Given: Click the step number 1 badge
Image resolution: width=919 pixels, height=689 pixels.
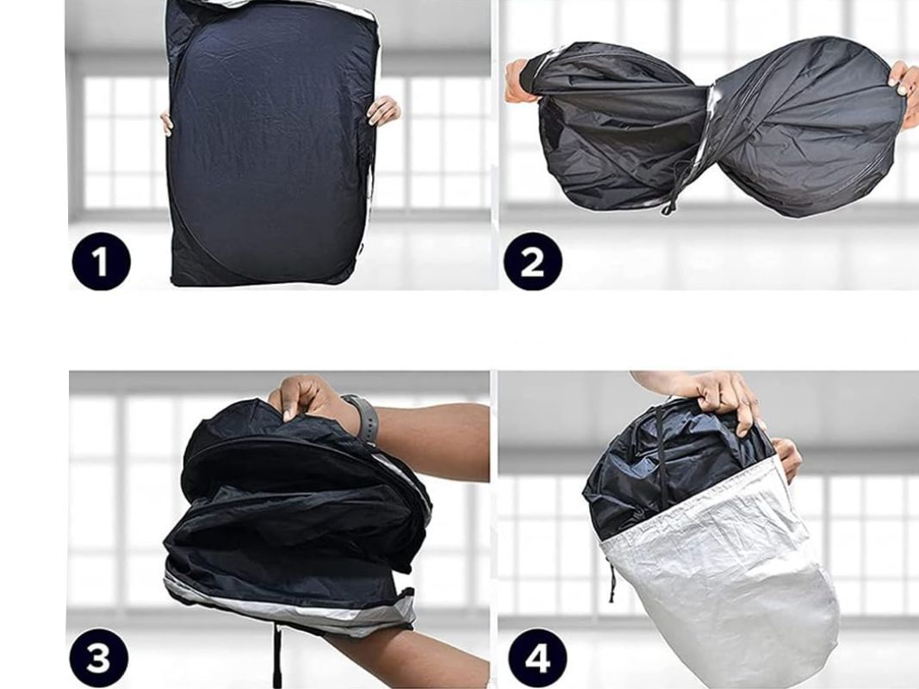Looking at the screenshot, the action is (101, 261).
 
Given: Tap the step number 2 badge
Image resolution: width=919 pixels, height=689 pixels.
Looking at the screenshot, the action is (532, 261).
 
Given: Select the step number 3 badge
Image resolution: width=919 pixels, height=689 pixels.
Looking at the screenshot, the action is (98, 658).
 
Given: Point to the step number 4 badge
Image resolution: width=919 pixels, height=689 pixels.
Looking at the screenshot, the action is (537, 658).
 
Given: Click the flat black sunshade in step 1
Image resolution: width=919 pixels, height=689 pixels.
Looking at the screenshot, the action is (270, 140).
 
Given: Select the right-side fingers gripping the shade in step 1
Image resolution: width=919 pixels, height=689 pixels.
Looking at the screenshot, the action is (383, 110).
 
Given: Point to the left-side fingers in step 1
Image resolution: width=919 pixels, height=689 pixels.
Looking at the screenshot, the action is (166, 124).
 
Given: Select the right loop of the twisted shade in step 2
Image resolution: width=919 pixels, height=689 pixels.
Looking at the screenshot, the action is (809, 123).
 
